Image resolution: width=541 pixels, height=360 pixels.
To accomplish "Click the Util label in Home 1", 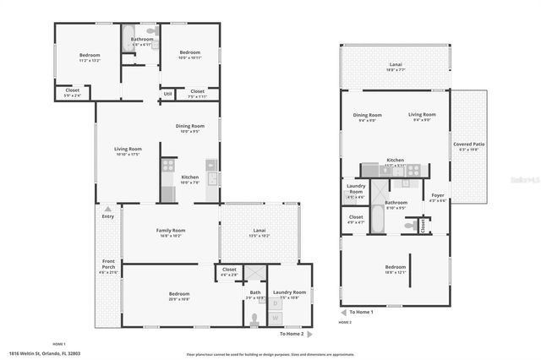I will point(168,94).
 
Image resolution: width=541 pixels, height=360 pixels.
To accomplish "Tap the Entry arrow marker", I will point(107,208).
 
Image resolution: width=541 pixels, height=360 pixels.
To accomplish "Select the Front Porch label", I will point(107,264).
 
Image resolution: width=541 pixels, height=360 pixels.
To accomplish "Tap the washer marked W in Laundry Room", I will point(275,318).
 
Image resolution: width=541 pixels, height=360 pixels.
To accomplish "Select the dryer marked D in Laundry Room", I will point(275,303).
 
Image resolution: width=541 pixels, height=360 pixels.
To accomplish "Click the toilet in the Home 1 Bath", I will point(254,319).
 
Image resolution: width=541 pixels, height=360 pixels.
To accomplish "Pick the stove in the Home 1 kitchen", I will point(211,165).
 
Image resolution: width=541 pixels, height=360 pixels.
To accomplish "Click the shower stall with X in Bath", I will point(253,274).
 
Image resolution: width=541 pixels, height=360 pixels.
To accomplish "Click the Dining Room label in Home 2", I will point(367,117).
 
